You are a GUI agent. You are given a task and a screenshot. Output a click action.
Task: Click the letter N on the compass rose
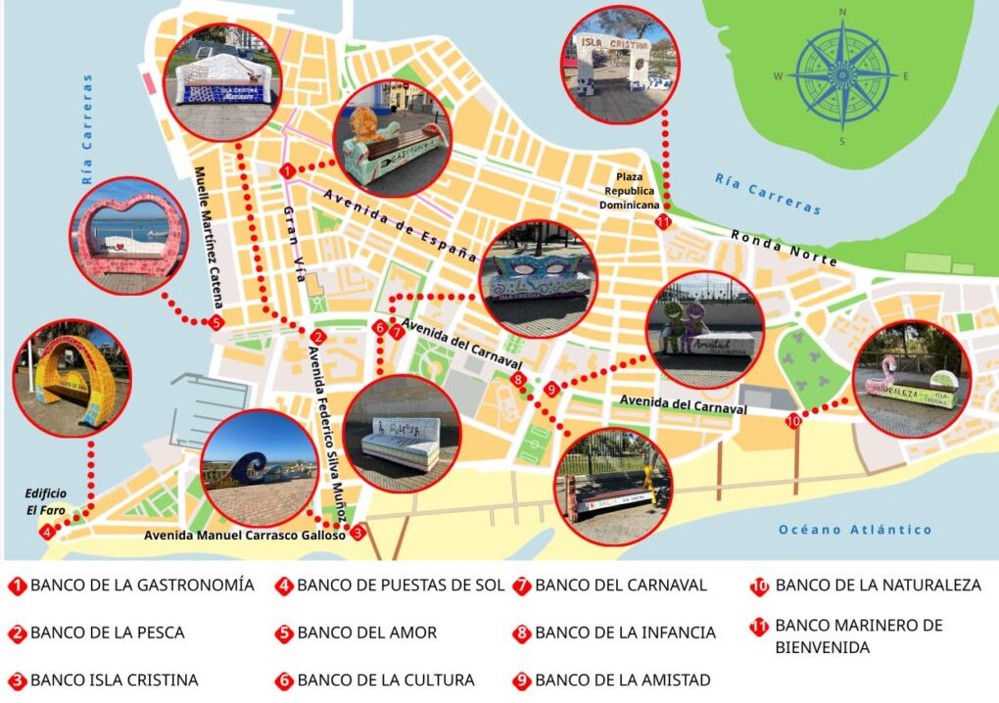click(x=842, y=13)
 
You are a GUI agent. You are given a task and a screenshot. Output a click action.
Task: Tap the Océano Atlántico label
click(x=854, y=530)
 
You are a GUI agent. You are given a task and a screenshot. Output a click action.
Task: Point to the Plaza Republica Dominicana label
click(x=635, y=190)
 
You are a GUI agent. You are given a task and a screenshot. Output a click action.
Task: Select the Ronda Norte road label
click(x=784, y=249)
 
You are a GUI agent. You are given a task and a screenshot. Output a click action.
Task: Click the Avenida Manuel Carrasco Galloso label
click(x=244, y=536)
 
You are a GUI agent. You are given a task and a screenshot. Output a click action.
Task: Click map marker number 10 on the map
click(x=793, y=420)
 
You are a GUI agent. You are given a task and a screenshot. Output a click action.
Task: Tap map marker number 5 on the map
click(x=215, y=322)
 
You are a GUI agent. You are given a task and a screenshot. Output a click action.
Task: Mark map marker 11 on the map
click(x=664, y=221)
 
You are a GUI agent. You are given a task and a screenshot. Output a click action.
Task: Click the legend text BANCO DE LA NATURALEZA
click(x=878, y=586)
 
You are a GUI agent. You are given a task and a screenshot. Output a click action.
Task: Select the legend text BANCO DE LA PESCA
click(x=107, y=633)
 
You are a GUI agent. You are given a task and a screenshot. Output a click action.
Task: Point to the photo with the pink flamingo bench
click(x=912, y=379)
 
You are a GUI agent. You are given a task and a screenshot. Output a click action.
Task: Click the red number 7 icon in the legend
click(x=521, y=586)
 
